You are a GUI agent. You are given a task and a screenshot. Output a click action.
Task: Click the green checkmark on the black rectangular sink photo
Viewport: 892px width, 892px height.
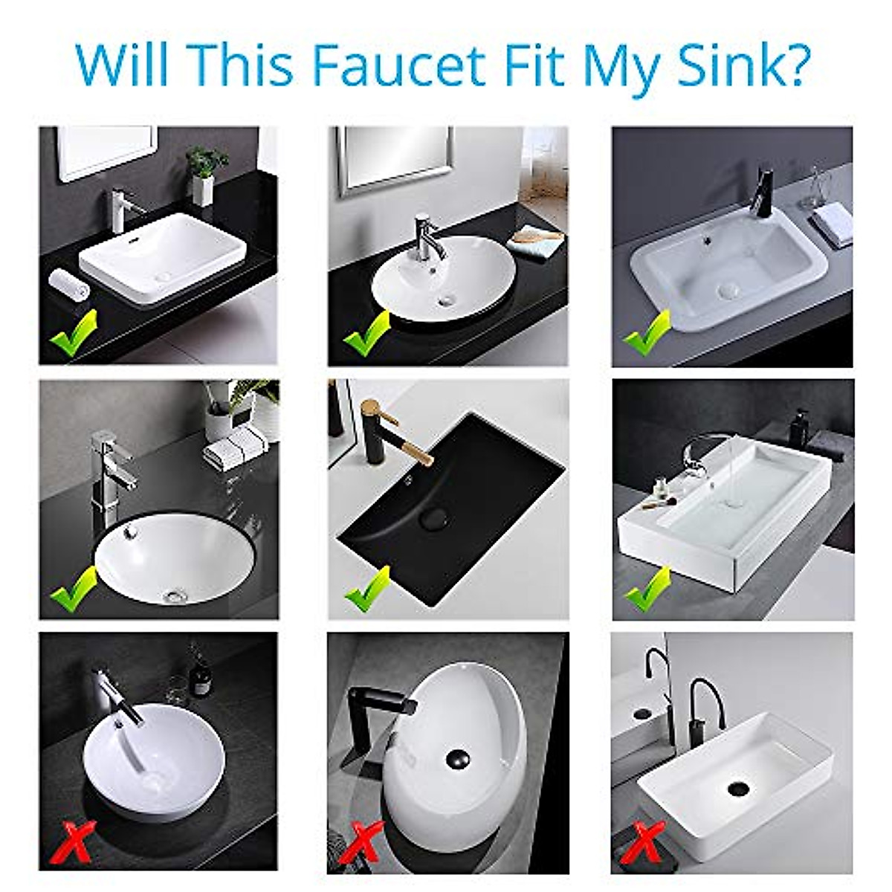(x=367, y=587)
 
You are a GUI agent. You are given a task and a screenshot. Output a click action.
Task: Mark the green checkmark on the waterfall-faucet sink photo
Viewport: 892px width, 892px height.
(x=645, y=587)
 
